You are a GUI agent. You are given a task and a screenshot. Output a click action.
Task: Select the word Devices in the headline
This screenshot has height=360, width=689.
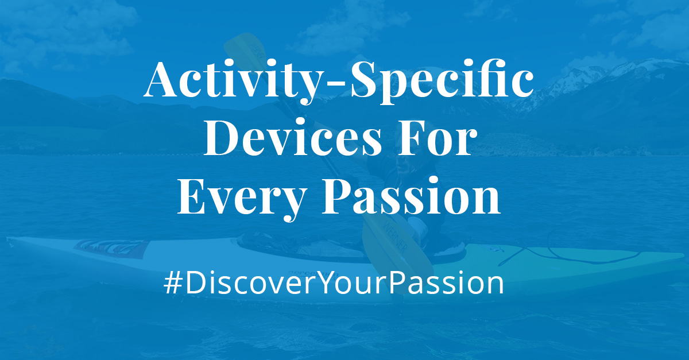pyautogui.click(x=293, y=137)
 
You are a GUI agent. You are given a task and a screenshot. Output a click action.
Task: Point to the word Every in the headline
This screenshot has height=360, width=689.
pyautogui.click(x=242, y=197)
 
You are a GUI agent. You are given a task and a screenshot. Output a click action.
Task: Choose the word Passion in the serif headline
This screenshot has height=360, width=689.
pyautogui.click(x=411, y=195)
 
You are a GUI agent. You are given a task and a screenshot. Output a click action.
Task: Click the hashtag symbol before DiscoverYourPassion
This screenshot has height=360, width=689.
pyautogui.click(x=173, y=283)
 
